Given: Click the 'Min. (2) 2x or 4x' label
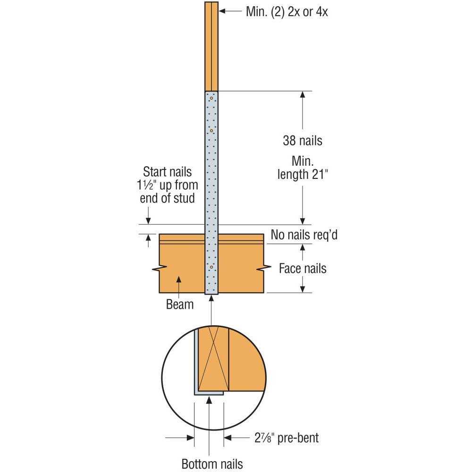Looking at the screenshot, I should pyautogui.click(x=287, y=11).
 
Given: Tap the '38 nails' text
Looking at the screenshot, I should pyautogui.click(x=303, y=140).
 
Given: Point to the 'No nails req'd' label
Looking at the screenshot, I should pyautogui.click(x=304, y=235).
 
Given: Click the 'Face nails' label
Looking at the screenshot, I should pyautogui.click(x=303, y=269).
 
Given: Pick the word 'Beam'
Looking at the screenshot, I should pyautogui.click(x=180, y=304).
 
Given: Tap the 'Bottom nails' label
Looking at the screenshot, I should pyautogui.click(x=212, y=464).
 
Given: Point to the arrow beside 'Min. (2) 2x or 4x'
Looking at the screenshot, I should pyautogui.click(x=231, y=10).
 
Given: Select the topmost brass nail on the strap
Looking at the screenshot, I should pyautogui.click(x=212, y=98).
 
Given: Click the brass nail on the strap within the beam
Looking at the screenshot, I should pyautogui.click(x=211, y=268).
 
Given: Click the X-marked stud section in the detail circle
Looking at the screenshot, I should pyautogui.click(x=213, y=359).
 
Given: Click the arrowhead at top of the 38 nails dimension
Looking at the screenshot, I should pyautogui.click(x=303, y=94).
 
